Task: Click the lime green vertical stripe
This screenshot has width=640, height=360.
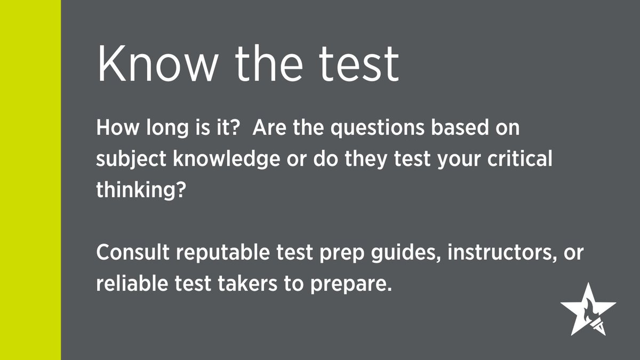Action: coord(30,180)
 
